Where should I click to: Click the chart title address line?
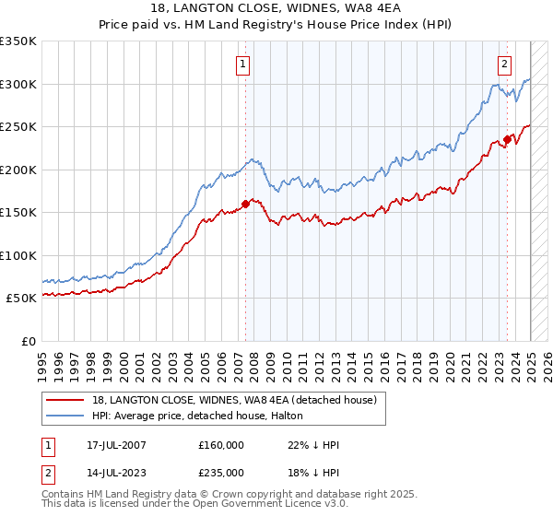tap(276, 8)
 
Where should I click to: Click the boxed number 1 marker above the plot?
tap(242, 64)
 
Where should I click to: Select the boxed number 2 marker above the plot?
tap(505, 64)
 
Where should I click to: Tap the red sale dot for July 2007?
tap(245, 205)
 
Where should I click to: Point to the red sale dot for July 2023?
tap(507, 140)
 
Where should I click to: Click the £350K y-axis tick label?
tap(18, 41)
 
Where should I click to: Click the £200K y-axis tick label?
tap(18, 170)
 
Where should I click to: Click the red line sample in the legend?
tap(66, 400)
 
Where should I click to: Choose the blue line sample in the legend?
tap(66, 416)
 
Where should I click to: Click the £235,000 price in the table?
tap(221, 472)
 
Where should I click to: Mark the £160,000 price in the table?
tap(221, 445)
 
